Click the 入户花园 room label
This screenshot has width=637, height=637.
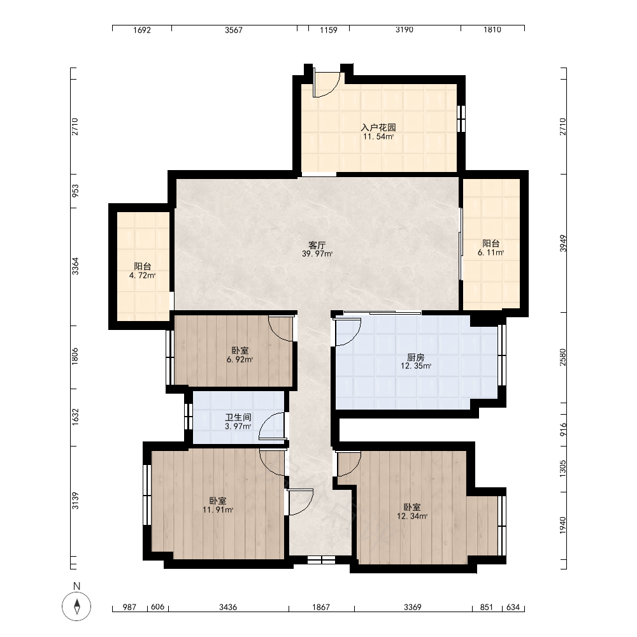378,127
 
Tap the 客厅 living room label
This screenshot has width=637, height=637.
317,245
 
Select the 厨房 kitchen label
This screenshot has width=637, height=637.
415,357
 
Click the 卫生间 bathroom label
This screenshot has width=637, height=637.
238,417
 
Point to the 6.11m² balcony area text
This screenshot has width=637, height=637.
490,253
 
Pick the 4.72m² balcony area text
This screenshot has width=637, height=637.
142,275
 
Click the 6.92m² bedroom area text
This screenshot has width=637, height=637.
240,359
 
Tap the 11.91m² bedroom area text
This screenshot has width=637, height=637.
218,510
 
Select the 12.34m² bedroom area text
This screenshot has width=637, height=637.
412,517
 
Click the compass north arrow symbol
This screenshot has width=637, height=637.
76,606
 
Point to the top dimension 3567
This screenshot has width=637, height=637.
234,30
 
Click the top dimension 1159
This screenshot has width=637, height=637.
328,30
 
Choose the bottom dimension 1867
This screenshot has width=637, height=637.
321,607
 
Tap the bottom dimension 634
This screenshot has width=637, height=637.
513,607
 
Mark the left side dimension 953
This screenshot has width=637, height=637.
75,191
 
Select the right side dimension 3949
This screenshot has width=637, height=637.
562,243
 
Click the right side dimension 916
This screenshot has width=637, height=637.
562,429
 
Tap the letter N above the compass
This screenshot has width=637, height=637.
76,586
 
